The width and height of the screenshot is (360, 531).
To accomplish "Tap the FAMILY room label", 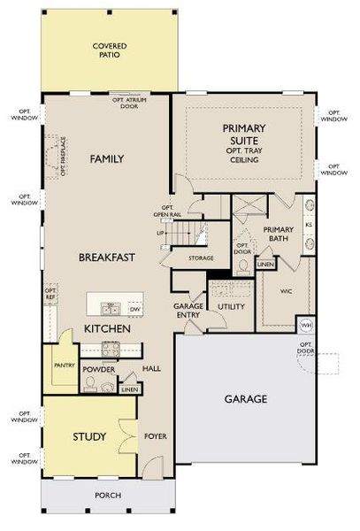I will pos(106,159).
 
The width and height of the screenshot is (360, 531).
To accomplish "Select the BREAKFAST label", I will pos(106,258).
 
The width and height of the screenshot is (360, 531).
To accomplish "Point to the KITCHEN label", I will pos(108,328).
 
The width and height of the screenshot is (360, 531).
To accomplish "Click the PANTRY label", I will pos(62,365).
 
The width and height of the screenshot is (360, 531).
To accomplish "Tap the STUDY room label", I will pos(90,437).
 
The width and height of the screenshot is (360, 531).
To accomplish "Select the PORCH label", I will pos(108,495).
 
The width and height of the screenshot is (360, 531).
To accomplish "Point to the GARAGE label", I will pos(245,399).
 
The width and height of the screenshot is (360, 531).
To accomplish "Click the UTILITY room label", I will pos(231,305).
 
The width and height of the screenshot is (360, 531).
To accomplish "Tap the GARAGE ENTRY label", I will pos(188,310).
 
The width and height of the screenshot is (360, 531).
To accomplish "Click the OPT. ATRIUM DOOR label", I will pos(130,103).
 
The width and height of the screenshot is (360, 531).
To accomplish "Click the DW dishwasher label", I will pos(134,310).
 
